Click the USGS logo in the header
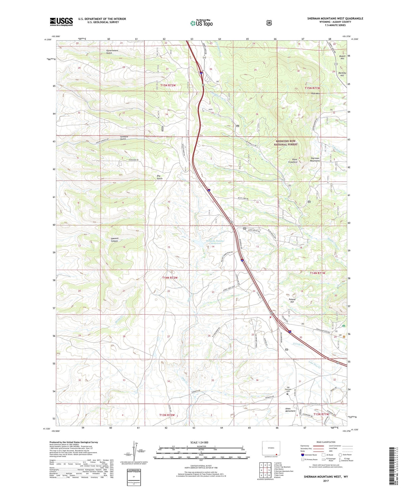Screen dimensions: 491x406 coord(61,22)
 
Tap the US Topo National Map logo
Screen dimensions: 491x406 coord(201,23)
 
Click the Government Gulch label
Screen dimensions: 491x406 coord(112,52)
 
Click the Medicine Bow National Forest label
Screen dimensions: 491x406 coord(286,143)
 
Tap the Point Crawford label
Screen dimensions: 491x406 coord(293,161)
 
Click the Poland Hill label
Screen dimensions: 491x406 coord(292,301)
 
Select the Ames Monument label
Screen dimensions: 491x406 coord(290,410)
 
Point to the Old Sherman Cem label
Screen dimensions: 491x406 coord(288,389)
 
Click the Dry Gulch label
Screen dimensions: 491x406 coord(160,177)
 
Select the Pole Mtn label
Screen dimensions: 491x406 coord(316,93)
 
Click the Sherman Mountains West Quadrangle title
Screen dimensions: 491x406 coord(335,18)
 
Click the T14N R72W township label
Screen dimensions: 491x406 coord(170,278)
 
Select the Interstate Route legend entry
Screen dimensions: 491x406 coord(310,455)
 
